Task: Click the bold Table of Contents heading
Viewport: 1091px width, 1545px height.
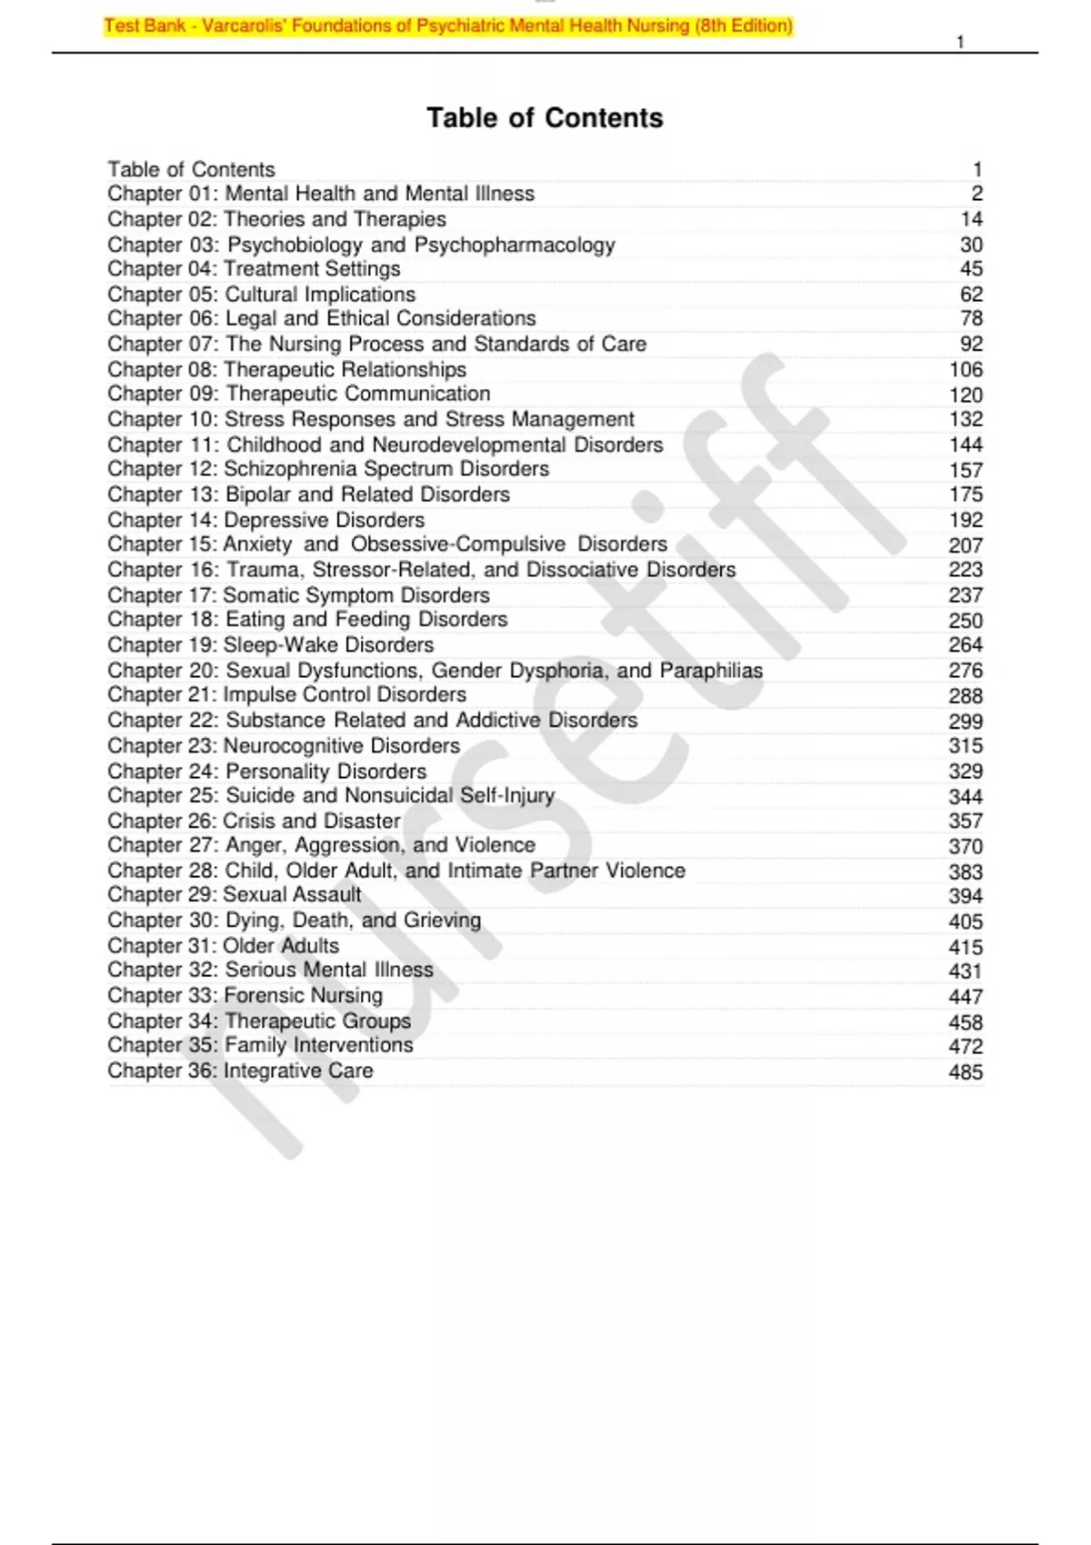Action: [x=545, y=118]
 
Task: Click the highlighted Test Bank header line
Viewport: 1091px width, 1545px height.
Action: [x=448, y=25]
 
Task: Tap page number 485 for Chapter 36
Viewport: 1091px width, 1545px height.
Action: [x=965, y=1072]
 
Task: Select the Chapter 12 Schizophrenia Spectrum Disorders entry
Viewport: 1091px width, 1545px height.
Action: [x=328, y=469]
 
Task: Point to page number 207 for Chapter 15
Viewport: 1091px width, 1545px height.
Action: [x=965, y=545]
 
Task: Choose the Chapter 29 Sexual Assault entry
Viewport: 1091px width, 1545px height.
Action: [x=235, y=895]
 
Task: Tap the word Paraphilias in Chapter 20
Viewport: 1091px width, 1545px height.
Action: [x=711, y=671]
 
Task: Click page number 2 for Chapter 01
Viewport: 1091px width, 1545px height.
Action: [x=976, y=194]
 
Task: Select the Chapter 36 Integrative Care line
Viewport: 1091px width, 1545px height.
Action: [x=240, y=1071]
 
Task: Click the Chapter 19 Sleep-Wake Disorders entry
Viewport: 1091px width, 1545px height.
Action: [x=271, y=645]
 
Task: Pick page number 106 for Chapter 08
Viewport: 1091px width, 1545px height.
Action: [x=965, y=370]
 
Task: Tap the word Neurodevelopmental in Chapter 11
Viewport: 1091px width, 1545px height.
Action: [x=468, y=445]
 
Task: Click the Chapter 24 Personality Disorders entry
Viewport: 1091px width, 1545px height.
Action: [x=266, y=772]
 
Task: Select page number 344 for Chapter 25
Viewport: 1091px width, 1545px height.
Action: [x=965, y=797]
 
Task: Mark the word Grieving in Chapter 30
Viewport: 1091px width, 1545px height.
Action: [x=442, y=921]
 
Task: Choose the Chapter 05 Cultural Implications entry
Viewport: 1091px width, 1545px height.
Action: [x=261, y=294]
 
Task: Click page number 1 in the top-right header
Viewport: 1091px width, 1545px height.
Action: [x=960, y=42]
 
